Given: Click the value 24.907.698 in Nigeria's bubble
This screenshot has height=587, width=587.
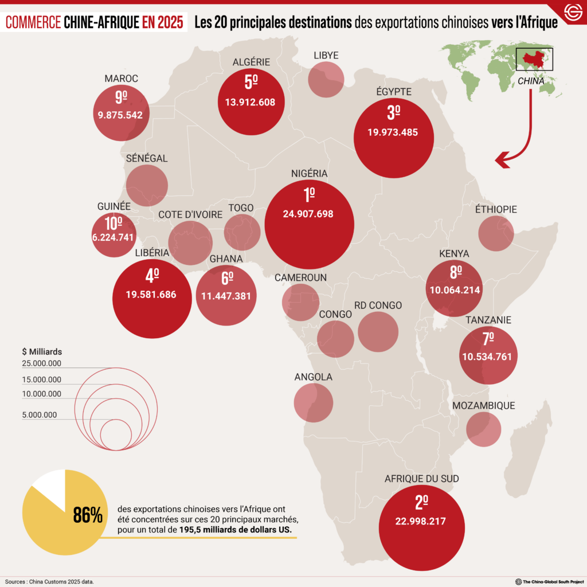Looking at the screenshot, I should (x=308, y=214).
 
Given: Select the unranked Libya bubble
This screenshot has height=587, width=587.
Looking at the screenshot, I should (x=326, y=79).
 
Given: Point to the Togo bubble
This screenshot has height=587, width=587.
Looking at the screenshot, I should (x=242, y=232).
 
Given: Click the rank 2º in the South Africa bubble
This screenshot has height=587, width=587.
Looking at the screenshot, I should (x=421, y=503).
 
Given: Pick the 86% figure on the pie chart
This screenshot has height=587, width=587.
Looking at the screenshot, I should (x=88, y=515).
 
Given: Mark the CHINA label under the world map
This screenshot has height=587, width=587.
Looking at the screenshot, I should (x=531, y=81).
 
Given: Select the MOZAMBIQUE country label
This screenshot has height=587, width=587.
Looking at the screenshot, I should (x=484, y=406).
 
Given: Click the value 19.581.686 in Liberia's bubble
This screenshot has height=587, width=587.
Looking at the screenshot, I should (x=151, y=295).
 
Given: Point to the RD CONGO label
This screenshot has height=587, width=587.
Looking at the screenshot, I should (x=378, y=305).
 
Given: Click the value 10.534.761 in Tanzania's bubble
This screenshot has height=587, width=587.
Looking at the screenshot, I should (x=487, y=357).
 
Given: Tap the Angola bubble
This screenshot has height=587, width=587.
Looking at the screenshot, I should (x=314, y=402).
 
